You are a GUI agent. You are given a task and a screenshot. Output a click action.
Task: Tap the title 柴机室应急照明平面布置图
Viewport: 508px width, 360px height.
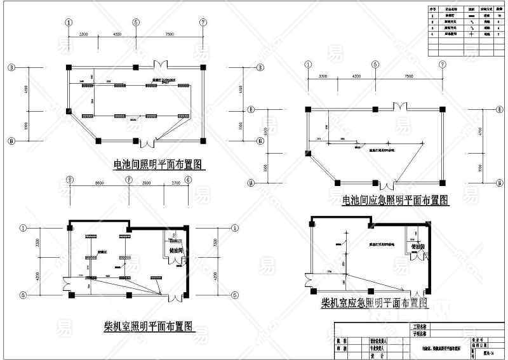(x=375, y=303)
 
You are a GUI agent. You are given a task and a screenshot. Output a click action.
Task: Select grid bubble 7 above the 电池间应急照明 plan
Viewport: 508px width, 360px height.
(x=441, y=63)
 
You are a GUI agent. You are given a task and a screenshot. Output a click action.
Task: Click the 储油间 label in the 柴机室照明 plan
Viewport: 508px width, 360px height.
(x=176, y=252)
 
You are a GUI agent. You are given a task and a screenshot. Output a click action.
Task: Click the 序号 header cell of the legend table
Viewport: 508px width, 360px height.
(x=434, y=11)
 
